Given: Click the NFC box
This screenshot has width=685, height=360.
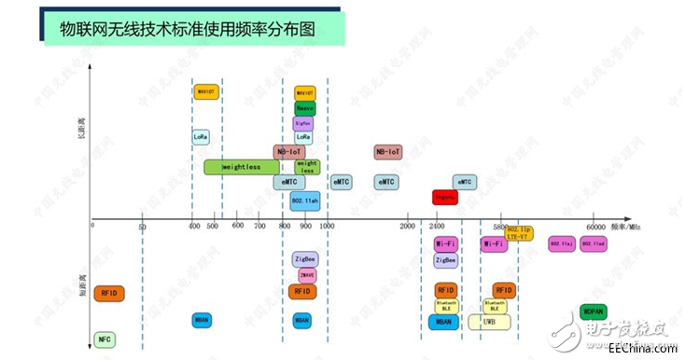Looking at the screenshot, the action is (x=105, y=339).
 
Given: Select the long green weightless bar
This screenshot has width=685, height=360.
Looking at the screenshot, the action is (x=241, y=167).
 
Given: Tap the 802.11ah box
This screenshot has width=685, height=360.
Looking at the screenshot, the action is (x=304, y=200).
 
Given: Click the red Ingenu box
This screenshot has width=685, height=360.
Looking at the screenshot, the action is (x=445, y=198).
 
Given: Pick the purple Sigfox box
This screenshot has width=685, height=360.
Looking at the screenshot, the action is (x=303, y=122).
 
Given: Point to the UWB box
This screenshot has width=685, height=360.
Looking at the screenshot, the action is (x=490, y=322).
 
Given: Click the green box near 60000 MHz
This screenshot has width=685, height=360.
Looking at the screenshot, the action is (x=594, y=312).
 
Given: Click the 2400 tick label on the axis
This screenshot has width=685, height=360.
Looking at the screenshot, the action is (x=438, y=227).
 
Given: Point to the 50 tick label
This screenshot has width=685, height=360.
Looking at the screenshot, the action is (x=142, y=227).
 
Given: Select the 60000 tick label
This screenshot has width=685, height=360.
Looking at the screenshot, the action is (x=595, y=227).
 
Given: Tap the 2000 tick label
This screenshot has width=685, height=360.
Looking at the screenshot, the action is (x=408, y=227).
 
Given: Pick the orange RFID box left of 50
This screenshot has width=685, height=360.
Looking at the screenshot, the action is (x=108, y=293).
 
